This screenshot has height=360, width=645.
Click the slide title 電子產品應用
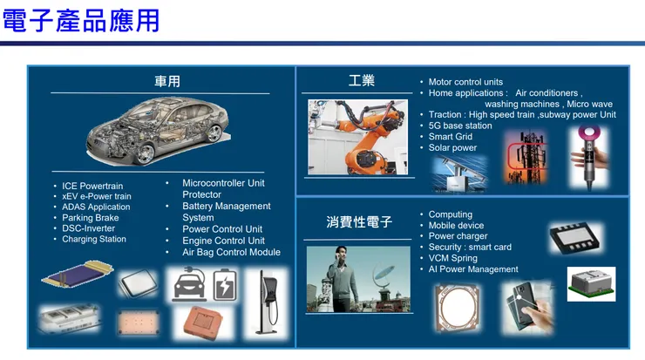81,21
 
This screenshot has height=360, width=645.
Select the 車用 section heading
167,81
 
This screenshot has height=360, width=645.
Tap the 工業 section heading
361,80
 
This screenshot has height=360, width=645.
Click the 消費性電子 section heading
359,221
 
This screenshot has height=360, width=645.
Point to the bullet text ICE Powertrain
92,186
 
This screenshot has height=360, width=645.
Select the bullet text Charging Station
94,239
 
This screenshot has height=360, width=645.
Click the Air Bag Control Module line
231,252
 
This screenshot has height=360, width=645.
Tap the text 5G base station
460,126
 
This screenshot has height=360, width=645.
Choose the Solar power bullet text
452,147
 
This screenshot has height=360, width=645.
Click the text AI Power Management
473,269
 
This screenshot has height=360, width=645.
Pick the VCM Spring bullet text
453,258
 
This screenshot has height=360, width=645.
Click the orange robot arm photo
358,137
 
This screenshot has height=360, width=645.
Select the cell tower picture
526,157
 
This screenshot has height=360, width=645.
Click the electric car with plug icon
189,284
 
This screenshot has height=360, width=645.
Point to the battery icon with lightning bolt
225,284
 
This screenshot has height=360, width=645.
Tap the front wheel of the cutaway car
146,153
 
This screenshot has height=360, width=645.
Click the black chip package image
575,238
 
